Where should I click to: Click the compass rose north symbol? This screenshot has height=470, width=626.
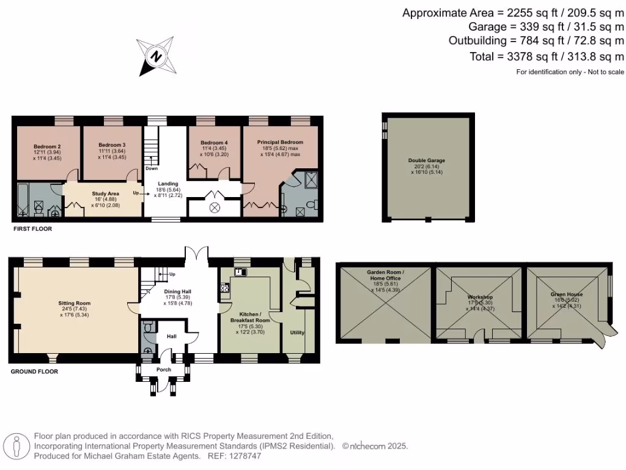(x=156, y=56)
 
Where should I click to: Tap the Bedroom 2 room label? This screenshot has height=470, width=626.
(x=46, y=147)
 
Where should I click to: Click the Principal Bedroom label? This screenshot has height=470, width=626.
(x=280, y=142)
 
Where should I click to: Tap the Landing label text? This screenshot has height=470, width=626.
(x=168, y=184)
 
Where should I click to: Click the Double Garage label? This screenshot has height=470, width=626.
(x=427, y=160)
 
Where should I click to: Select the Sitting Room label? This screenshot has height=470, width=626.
(x=74, y=303)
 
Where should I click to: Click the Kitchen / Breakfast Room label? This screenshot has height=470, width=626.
(x=249, y=317)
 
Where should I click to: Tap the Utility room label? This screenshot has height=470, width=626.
(x=296, y=333)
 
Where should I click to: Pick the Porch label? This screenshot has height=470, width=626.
(x=163, y=370)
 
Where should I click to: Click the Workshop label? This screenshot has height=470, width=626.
(x=480, y=297)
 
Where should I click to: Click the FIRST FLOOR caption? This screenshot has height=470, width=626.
(x=32, y=229)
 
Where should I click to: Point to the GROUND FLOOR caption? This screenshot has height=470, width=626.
(x=35, y=371)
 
